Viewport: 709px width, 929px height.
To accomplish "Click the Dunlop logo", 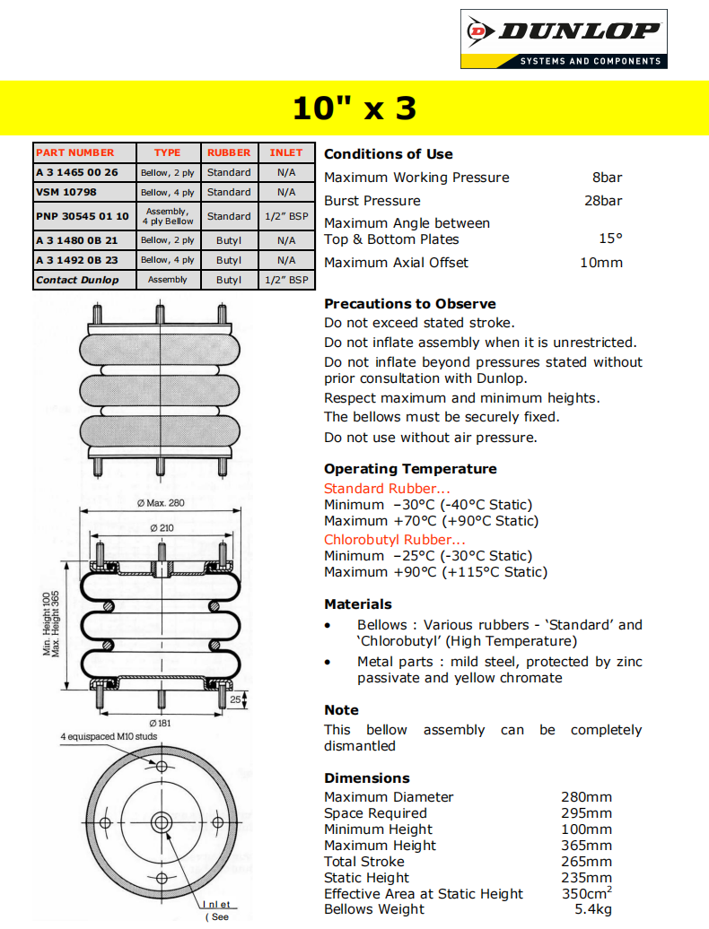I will [564, 39].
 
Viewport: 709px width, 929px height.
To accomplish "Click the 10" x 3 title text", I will [354, 109].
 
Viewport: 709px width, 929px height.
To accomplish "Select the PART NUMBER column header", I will [75, 152].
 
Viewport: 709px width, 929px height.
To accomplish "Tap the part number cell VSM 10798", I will [66, 192].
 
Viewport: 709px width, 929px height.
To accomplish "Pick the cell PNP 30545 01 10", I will [83, 216].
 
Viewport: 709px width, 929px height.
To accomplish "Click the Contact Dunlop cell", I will [77, 280].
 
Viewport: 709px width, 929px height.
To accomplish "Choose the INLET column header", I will [286, 152].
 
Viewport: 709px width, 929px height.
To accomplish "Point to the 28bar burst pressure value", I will [603, 201].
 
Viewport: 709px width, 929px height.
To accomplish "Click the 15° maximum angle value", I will [610, 239].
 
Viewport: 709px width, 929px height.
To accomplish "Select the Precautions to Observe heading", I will [410, 304].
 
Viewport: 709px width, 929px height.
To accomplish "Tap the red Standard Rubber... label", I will [387, 489].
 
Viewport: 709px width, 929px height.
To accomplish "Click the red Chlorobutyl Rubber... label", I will [395, 540].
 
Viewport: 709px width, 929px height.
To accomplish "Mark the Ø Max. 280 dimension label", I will [161, 503].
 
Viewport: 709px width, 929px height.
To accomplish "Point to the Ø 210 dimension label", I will [162, 528].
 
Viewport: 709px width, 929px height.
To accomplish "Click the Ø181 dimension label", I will [162, 722].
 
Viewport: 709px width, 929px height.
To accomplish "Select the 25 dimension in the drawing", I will [235, 699].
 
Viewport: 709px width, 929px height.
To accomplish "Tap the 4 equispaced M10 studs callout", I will [109, 737].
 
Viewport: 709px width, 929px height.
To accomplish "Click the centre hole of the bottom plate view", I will [162, 821].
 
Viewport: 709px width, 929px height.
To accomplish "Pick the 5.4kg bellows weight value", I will [593, 910].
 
